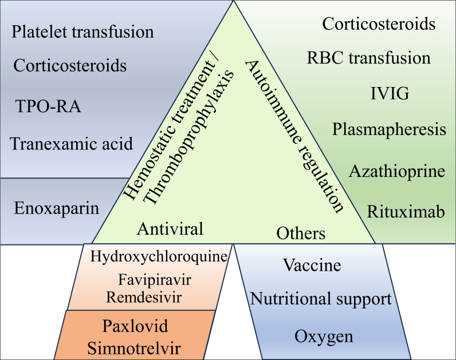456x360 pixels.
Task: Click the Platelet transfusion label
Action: (82, 32)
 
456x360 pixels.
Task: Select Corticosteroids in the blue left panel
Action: (69, 65)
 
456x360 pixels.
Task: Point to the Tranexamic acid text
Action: (72, 143)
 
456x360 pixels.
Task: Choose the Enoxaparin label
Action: (56, 207)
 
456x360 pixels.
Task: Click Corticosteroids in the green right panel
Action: (379, 24)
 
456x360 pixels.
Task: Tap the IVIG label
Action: (390, 93)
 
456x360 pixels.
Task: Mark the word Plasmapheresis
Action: (389, 129)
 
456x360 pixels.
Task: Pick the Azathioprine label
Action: (397, 171)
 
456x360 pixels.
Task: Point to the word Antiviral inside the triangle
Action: (171, 229)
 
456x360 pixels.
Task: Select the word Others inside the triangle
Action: (301, 234)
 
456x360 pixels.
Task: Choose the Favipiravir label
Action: (155, 280)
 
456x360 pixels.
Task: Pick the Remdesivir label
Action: (144, 296)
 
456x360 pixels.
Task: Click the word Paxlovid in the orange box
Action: (135, 326)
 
